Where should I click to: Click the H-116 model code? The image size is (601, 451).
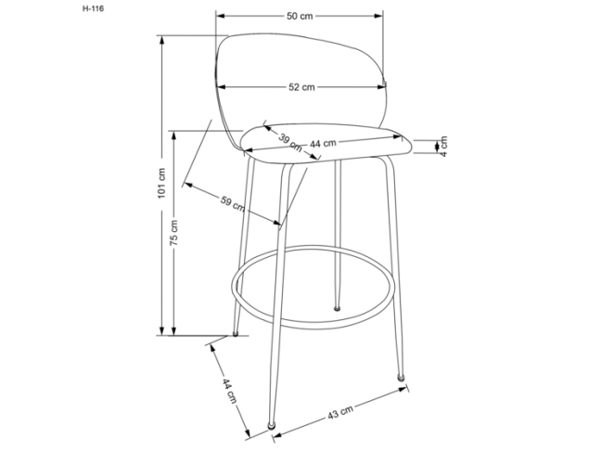pos(93,8)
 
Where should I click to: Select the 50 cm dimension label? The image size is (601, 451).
pos(300,16)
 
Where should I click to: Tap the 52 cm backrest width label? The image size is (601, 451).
pos(301,87)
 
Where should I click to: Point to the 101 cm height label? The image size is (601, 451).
pos(161,183)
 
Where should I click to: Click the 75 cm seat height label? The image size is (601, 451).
pos(173,232)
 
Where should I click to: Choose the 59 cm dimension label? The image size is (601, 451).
pos(233,203)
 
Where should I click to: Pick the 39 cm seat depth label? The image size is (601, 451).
pos(290,142)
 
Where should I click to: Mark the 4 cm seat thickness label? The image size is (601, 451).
pos(443,146)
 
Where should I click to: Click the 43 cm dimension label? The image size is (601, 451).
pos(340,412)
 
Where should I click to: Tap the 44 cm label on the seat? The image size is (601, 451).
pos(323,143)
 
